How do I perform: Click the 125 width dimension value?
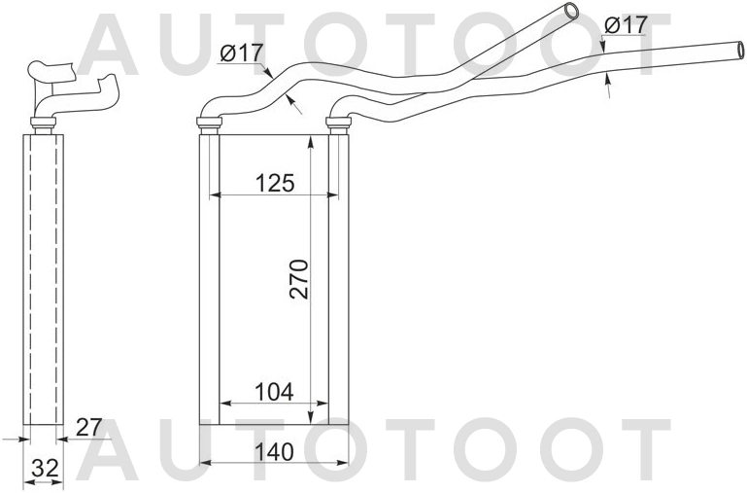274,182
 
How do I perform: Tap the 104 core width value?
274,391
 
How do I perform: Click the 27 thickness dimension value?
88,427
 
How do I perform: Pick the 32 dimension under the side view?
44,468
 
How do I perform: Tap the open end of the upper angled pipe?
570,12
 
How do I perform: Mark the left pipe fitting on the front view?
209,123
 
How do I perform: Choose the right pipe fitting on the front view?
338,123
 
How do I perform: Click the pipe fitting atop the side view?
44,123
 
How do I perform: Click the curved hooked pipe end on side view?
111,92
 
